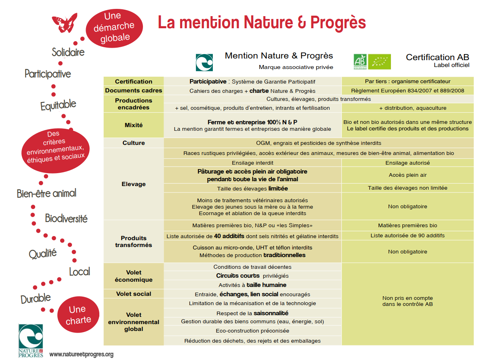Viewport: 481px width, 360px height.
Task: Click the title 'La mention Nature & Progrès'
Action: (x=262, y=22)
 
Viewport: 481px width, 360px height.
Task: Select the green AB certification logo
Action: (x=360, y=62)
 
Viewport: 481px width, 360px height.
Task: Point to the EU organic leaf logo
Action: (x=379, y=62)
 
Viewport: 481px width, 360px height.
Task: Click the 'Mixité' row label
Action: (x=134, y=125)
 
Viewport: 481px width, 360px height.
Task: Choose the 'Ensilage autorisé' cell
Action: (x=407, y=163)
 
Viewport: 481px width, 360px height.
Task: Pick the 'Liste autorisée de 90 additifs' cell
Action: (x=407, y=236)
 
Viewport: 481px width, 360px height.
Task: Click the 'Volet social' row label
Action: (x=134, y=294)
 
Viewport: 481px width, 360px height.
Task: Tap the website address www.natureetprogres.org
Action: (x=82, y=354)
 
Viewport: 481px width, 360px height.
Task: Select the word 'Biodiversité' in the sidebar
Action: (x=66, y=219)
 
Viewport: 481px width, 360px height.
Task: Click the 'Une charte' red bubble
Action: (x=78, y=315)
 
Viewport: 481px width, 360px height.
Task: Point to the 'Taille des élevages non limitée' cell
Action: (x=407, y=188)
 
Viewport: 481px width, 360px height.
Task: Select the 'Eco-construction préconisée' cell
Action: (x=252, y=331)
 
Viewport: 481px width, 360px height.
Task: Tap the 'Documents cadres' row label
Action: (x=134, y=90)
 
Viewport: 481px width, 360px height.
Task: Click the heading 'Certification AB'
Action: (x=437, y=57)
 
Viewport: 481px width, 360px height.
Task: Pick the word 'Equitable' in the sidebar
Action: (x=58, y=105)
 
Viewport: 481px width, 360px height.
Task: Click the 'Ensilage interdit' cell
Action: (x=252, y=163)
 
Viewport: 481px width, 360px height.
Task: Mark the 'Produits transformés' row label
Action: (x=134, y=241)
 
